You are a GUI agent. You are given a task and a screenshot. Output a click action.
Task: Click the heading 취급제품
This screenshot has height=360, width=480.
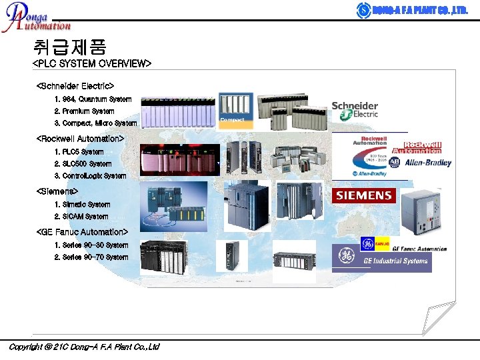coord(69,47)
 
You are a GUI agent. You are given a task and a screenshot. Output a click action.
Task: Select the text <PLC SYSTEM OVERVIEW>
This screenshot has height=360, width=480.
coord(92,64)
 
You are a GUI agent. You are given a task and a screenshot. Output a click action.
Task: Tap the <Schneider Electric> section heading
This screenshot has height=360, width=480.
coord(75,86)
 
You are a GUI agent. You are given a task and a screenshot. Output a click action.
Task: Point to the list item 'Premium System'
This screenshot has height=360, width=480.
coord(84,111)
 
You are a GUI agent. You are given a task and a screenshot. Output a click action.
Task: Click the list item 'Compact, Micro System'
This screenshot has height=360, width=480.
coord(95,123)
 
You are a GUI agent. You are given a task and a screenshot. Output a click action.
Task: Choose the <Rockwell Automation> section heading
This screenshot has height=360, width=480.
coord(80,139)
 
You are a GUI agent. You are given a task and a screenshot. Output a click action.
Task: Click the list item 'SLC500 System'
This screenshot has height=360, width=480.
coord(83,164)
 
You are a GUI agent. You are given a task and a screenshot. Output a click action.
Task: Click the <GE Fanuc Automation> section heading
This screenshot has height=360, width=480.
coord(81,232)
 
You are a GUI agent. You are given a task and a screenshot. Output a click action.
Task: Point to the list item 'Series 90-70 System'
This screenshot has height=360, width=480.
coord(91,257)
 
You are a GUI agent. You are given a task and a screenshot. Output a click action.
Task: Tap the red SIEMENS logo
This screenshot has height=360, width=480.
coord(363,195)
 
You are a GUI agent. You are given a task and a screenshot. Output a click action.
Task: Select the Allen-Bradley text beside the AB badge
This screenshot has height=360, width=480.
coord(427,163)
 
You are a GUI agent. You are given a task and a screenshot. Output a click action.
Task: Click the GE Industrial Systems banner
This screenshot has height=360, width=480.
coord(382,259)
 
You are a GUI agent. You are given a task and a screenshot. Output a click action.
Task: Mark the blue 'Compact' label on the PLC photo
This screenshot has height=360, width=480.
coord(233,120)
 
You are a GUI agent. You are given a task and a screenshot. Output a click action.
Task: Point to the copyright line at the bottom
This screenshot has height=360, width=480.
coord(83,347)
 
